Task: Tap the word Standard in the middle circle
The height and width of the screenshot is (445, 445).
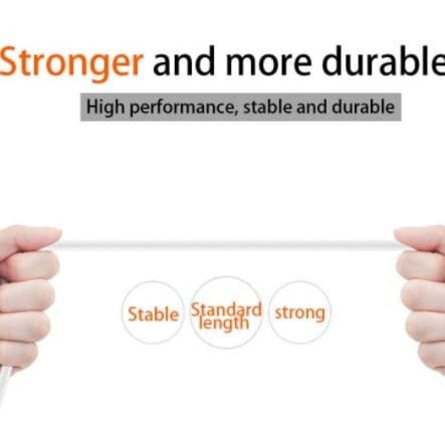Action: [x=226, y=310]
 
